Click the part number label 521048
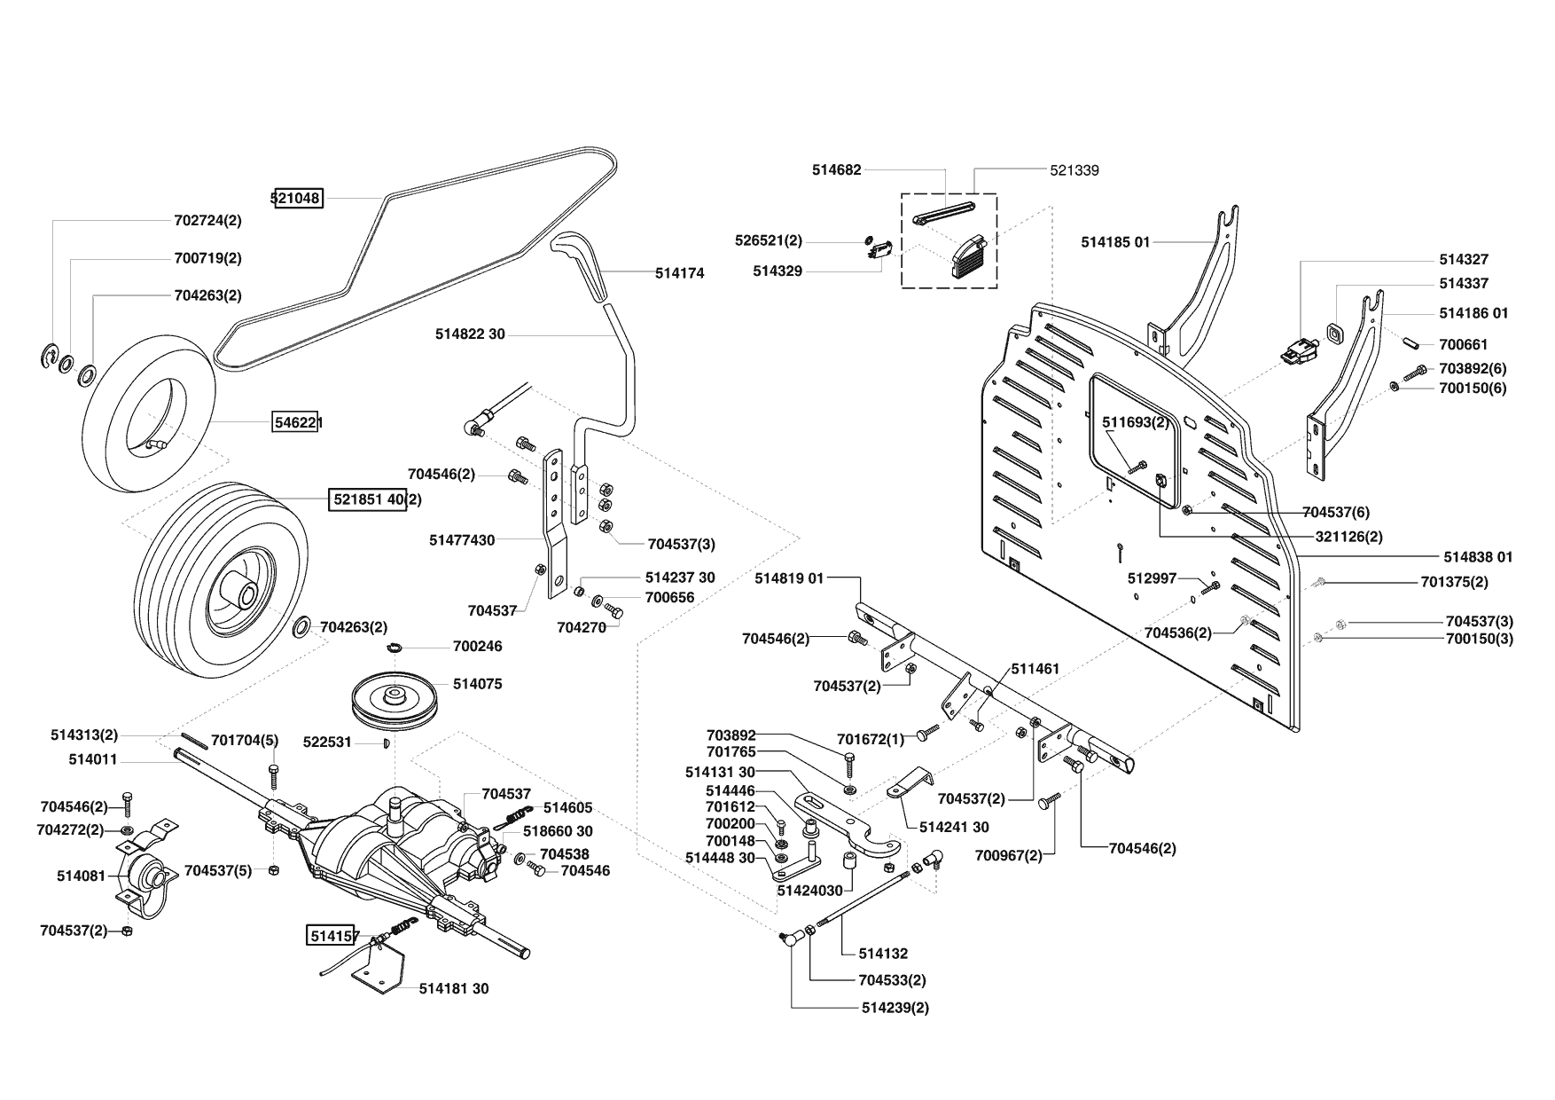[297, 198]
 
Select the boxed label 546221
[296, 423]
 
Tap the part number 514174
[680, 273]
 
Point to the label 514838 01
[1479, 557]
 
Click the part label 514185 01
[1115, 242]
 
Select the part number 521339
[1074, 170]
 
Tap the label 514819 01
[790, 578]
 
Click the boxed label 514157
[333, 935]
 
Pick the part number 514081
[81, 876]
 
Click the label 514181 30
[454, 988]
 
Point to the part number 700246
[477, 646]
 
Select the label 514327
[1464, 259]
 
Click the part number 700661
[1464, 344]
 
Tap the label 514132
[883, 954]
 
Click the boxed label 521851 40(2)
[377, 499]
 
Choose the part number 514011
[93, 760]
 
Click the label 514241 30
[954, 827]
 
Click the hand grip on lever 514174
[582, 266]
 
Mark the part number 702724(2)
[207, 220]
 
